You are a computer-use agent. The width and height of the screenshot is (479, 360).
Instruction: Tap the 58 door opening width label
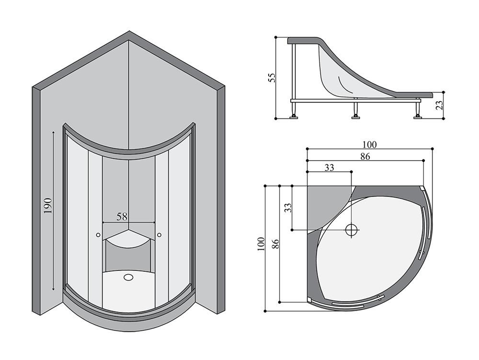(122, 216)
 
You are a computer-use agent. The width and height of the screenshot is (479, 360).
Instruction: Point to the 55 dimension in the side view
(272, 78)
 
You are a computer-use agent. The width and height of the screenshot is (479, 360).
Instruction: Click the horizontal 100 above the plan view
(369, 144)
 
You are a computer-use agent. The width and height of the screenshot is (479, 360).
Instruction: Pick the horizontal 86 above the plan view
(365, 156)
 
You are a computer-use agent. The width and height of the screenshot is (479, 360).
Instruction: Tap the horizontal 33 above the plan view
(329, 167)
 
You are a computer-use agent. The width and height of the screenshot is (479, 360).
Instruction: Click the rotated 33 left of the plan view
(287, 208)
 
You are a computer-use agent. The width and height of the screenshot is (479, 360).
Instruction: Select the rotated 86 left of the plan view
(275, 244)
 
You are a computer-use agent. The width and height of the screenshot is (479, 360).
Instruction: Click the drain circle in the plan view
(352, 230)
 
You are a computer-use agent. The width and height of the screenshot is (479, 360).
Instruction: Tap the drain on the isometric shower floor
(128, 277)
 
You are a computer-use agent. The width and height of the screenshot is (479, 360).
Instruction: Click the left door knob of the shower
(98, 235)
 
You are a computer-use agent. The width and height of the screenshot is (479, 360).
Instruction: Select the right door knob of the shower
(159, 234)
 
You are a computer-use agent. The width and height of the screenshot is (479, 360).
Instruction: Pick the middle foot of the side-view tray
(355, 113)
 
